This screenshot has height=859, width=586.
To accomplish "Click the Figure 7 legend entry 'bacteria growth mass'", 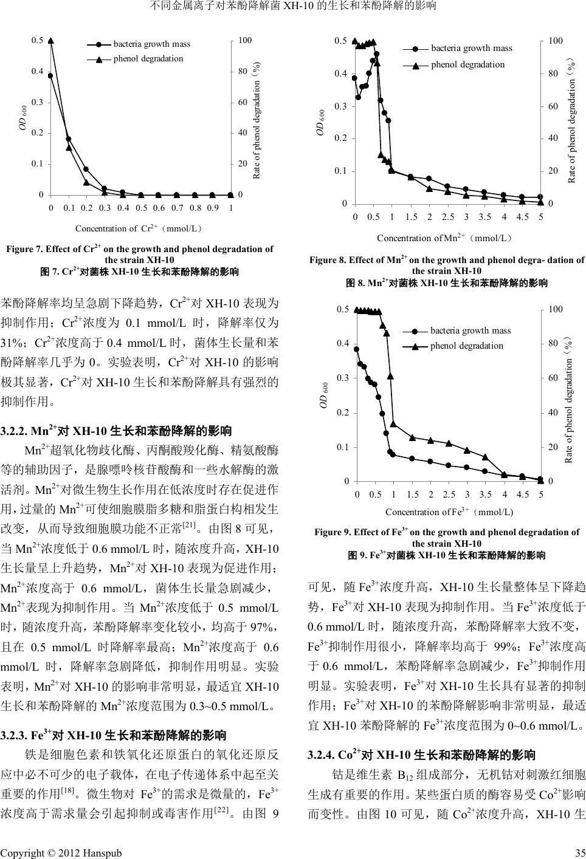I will click(151, 44).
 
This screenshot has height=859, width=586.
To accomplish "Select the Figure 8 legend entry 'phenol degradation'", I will click(467, 64).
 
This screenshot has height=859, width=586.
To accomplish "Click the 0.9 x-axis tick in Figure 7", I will click(213, 208).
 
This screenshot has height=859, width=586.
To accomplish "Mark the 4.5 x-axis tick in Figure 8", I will click(522, 216).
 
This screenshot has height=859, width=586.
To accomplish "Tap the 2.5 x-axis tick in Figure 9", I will click(449, 494).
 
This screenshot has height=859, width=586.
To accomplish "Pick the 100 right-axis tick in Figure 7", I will click(246, 41).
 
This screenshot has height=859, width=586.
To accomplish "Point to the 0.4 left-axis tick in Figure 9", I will click(343, 344).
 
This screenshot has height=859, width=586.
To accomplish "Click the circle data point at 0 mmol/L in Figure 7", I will click(50, 76).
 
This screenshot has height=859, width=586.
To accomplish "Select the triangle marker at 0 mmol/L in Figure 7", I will click(51, 41).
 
